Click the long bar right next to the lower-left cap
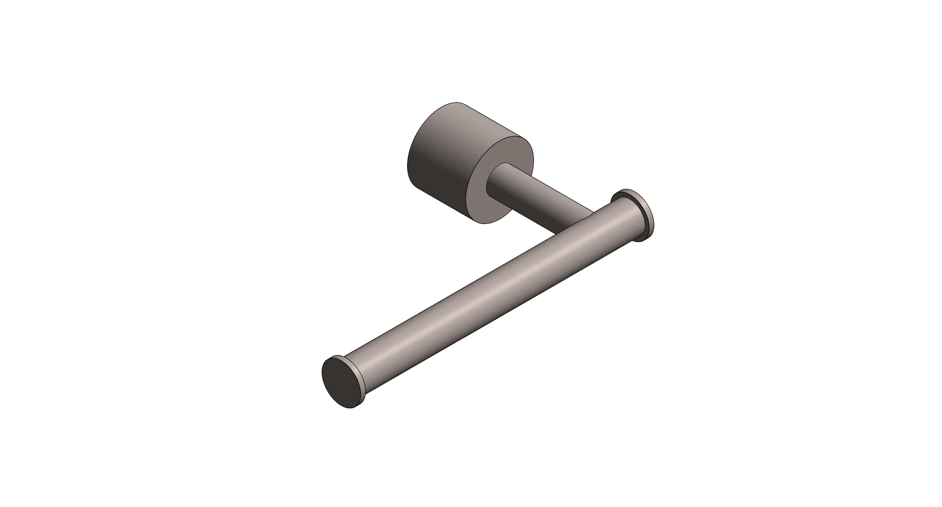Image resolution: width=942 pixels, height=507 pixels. pos(373,369)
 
